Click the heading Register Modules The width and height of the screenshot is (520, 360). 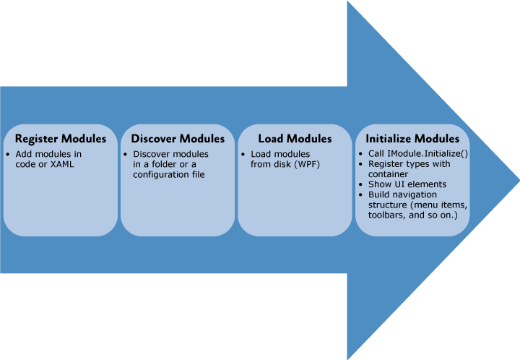(x=61, y=138)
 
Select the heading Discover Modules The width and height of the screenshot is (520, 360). (x=178, y=138)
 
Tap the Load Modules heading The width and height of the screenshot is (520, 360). (x=295, y=138)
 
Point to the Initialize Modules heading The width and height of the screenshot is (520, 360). (x=412, y=138)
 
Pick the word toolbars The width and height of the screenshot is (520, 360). (x=386, y=215)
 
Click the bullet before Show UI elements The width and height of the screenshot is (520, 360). (x=362, y=185)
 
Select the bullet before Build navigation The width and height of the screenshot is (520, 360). (x=362, y=195)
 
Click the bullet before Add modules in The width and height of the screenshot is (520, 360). (x=9, y=155)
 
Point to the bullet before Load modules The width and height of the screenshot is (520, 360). (x=244, y=155)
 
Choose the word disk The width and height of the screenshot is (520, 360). (x=282, y=165)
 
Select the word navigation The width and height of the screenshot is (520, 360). (x=417, y=195)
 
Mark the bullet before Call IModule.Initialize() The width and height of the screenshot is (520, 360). (x=362, y=155)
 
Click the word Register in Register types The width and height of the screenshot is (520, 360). (x=386, y=165)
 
